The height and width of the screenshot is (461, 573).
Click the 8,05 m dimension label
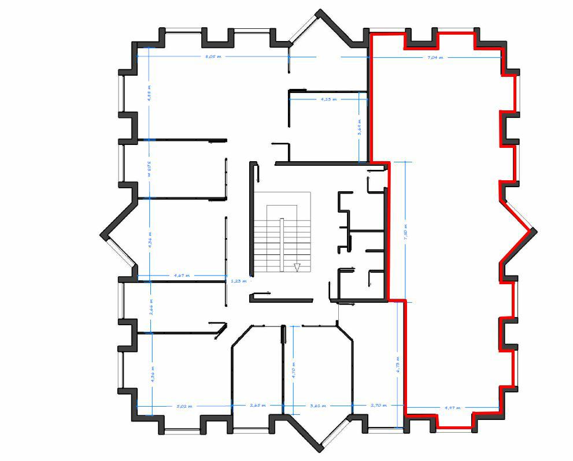point(214,57)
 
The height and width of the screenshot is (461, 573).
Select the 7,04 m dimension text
point(435,58)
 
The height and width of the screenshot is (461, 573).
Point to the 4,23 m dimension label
point(328,99)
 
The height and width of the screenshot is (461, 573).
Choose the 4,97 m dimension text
point(453,408)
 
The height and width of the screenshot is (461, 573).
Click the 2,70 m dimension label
point(378,406)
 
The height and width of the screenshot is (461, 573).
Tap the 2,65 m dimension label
point(257,406)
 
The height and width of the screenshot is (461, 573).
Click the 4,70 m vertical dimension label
point(293,369)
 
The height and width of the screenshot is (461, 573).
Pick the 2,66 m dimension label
point(150,306)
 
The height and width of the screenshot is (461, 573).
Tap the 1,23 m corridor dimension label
point(238,281)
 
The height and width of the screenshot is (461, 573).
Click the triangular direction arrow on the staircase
point(297,267)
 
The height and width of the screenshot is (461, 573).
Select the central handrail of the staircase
point(282,243)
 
